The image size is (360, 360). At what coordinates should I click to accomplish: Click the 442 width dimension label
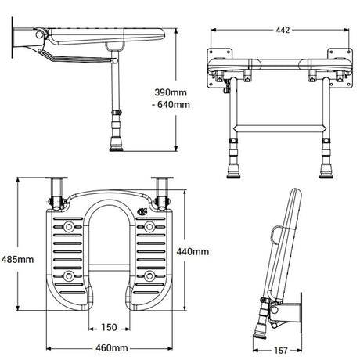283,31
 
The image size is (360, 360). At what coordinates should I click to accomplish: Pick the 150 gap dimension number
110,327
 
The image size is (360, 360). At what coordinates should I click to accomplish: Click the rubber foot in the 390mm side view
117,143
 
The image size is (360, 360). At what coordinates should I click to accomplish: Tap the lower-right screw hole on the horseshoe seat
147,275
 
